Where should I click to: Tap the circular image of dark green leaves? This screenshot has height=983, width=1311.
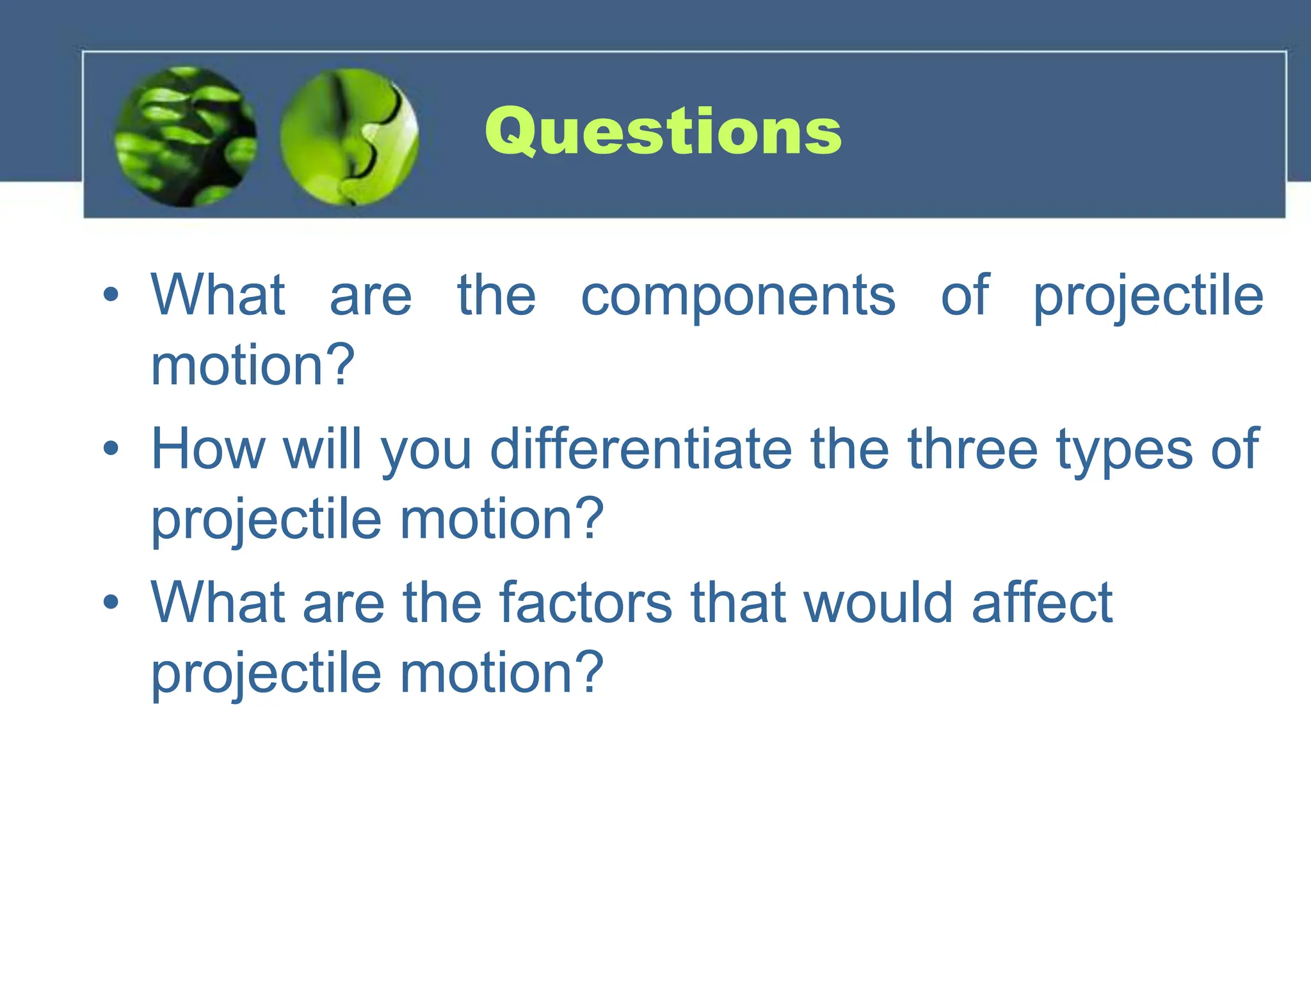click(x=186, y=137)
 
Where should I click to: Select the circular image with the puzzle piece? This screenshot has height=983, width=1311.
click(x=350, y=137)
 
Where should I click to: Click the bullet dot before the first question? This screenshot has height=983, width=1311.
click(x=111, y=295)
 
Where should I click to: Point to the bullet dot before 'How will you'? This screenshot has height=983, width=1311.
click(x=111, y=449)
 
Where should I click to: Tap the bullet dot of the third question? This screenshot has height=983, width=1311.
click(x=111, y=602)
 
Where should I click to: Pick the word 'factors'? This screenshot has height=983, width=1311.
click(x=586, y=603)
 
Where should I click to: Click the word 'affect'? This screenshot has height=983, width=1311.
click(x=1042, y=603)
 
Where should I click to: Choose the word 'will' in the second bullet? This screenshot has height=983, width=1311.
click(x=323, y=449)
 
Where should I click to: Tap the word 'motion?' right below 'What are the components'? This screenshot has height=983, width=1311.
click(x=252, y=365)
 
